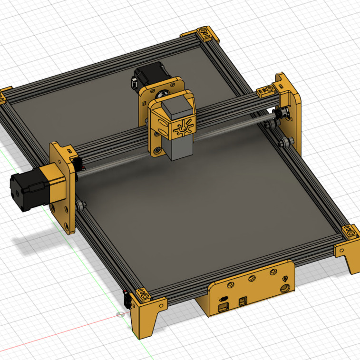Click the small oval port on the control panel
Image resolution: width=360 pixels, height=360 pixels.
(x=223, y=299)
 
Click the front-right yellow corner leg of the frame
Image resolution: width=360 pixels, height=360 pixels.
(x=350, y=254)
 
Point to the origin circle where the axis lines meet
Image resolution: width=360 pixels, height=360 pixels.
(x=120, y=314)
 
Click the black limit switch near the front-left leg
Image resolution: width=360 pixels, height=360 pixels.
(x=127, y=301)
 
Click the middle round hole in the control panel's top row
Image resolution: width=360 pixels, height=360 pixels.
(x=252, y=278)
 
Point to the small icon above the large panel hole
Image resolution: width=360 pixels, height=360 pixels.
(x=285, y=278)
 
